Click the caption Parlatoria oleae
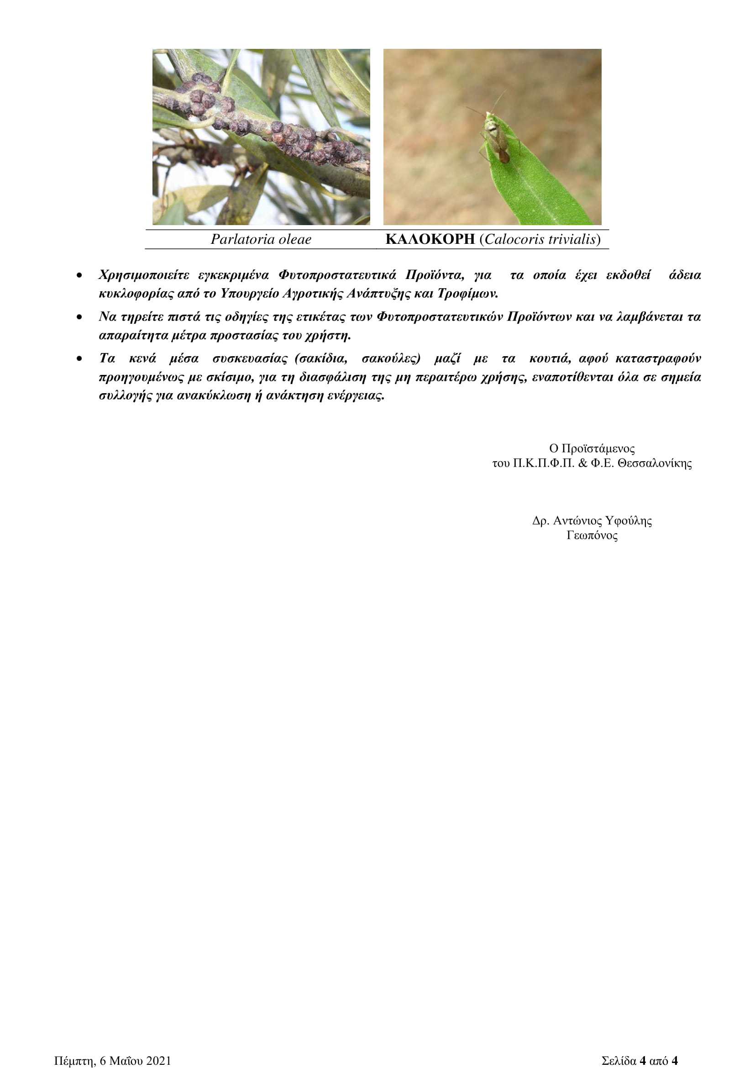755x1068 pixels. coord(261,239)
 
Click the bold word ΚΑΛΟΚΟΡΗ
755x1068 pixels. coord(430,239)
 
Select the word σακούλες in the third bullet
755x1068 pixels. coord(391,358)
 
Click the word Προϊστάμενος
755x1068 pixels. coord(592,448)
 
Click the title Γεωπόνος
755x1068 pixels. coord(592,536)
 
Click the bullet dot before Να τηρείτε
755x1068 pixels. coord(80,317)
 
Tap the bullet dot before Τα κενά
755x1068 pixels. coord(80,359)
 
